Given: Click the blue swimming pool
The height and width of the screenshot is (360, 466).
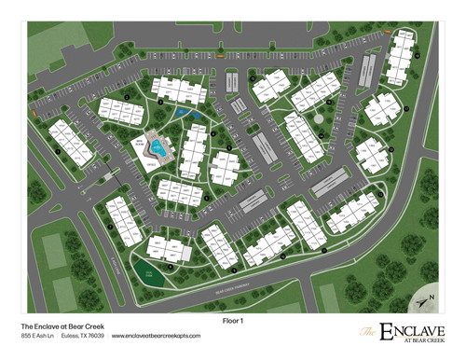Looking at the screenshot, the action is coord(161,147).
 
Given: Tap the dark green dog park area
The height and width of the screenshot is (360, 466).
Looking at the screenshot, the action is coord(144,272).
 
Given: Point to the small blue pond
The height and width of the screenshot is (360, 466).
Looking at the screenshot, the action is coord(184,115).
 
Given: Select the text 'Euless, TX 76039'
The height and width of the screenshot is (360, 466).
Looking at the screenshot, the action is coord(83,338).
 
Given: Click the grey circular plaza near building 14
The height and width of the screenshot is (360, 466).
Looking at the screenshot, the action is coord(319,119).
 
